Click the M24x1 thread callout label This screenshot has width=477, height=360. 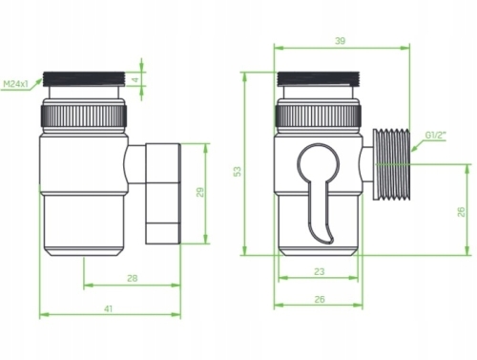[16, 84]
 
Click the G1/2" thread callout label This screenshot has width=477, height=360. [436, 136]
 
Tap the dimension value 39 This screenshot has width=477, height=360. [340, 41]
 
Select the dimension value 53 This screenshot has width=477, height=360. [238, 171]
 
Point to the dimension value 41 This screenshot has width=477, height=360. [109, 308]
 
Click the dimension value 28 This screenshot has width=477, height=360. [133, 278]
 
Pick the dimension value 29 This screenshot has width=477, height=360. [199, 192]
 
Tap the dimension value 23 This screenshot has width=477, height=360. [319, 271]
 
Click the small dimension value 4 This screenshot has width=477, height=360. [135, 79]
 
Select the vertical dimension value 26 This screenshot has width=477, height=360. [461, 212]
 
